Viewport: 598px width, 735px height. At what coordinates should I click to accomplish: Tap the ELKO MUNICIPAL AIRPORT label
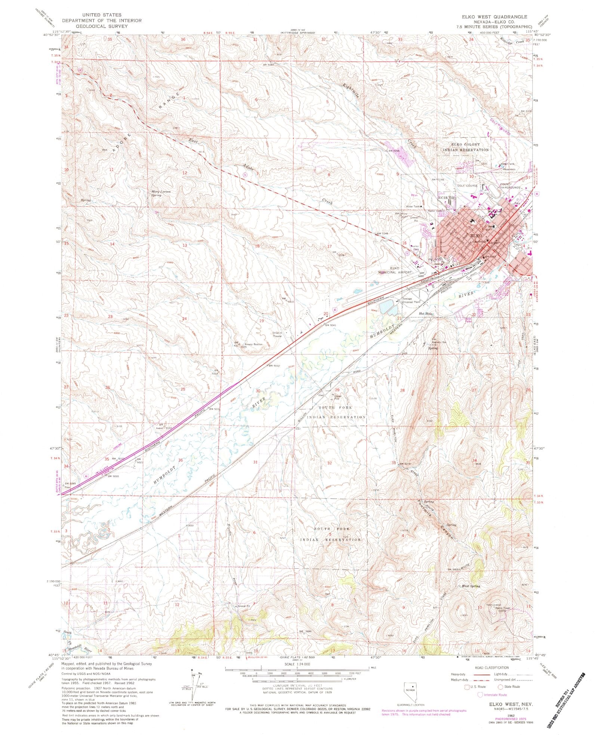400,270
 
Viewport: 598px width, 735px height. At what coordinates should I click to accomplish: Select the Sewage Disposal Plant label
412,301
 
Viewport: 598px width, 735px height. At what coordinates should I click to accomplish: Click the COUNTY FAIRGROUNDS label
510,186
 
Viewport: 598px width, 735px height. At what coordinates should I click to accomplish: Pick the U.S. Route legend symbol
467,687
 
